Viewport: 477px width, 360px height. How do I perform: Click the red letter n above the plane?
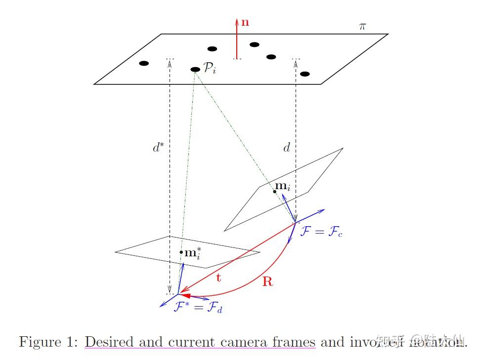(x=245, y=22)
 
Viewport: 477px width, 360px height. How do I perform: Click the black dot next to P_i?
(x=195, y=69)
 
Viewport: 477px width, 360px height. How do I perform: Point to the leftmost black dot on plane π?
(x=144, y=63)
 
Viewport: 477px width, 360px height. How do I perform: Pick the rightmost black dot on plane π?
(x=305, y=74)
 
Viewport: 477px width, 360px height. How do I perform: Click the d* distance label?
(x=158, y=148)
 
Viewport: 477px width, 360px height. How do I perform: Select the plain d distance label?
(x=286, y=148)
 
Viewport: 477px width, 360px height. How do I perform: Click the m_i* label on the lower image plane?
(x=193, y=254)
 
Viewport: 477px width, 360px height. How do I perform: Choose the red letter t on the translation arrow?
(x=218, y=278)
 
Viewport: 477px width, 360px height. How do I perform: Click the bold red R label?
(x=267, y=282)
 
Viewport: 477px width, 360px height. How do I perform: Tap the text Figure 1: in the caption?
(x=48, y=342)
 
